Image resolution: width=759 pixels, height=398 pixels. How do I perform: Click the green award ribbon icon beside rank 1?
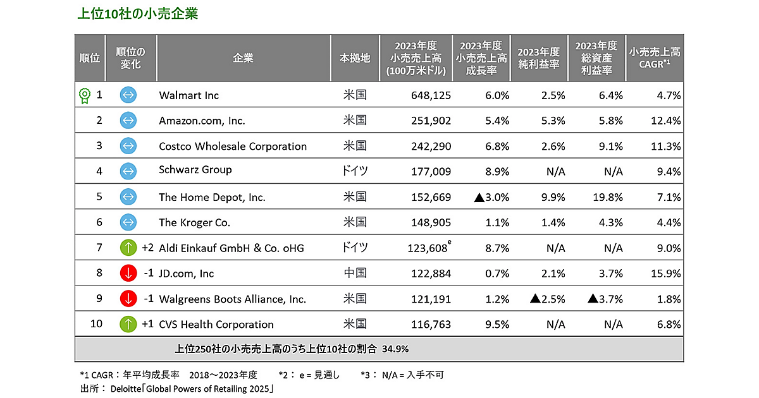tap(83, 95)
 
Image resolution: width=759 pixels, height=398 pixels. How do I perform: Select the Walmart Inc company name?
tap(188, 95)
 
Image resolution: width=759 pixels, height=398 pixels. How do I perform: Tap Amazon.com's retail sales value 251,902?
tap(429, 121)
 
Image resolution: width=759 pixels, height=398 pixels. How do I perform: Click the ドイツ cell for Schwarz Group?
tap(354, 170)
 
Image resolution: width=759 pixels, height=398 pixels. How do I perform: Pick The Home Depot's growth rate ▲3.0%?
tap(491, 197)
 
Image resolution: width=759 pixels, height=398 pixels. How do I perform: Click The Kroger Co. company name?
tap(194, 222)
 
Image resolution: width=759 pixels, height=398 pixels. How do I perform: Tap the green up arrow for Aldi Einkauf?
tap(128, 248)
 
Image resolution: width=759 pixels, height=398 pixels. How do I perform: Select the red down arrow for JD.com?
tap(128, 273)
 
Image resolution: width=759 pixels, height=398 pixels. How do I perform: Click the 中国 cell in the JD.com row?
tap(354, 273)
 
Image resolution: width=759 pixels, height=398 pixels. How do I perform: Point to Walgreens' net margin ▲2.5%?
tap(547, 299)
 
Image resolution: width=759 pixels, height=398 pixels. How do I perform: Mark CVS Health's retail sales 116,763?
tap(429, 324)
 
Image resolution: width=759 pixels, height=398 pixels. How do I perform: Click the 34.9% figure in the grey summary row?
tap(397, 348)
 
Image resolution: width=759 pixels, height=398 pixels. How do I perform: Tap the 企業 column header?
tap(243, 58)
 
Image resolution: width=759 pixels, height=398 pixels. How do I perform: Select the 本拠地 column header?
tap(354, 58)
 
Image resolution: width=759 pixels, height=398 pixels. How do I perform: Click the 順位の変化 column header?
tap(130, 58)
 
